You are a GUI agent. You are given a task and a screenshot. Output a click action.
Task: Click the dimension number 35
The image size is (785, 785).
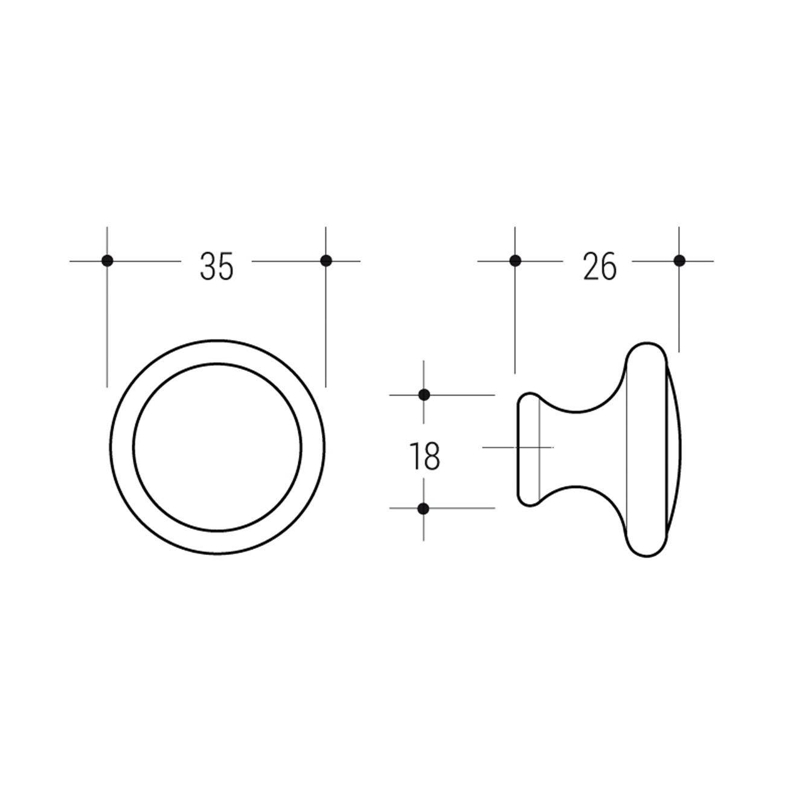217,266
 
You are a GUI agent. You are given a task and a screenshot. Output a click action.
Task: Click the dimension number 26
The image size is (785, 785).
600,266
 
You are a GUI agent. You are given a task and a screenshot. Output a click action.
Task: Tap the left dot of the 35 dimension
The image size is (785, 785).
107,260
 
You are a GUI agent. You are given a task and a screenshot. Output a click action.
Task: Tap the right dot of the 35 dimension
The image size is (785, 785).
326,260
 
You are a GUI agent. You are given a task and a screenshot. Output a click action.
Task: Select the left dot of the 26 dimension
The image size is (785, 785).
515,260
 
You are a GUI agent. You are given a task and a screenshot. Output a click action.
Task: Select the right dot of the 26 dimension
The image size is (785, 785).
679,260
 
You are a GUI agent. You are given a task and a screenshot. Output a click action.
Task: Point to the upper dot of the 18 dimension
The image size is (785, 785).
424,395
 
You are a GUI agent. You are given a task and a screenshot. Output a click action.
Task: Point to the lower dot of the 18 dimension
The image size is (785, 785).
424,508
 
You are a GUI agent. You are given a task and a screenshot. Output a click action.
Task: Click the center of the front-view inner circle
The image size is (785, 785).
217,447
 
